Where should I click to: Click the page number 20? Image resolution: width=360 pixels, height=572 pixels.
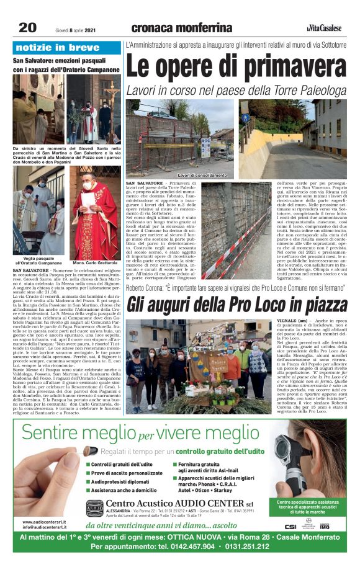[28, 27]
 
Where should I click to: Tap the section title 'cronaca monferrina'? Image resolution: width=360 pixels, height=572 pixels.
[181, 27]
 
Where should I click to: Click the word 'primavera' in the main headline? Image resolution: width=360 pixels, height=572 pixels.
[285, 68]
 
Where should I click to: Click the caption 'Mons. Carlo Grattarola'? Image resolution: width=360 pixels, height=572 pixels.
[94, 264]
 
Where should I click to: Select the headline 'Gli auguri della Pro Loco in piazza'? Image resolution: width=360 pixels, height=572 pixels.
[237, 304]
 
